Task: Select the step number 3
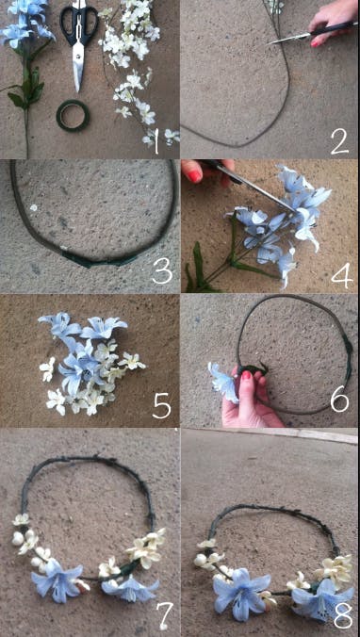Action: click(162, 273)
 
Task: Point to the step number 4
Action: click(341, 274)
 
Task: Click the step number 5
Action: click(162, 406)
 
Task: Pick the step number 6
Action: click(342, 406)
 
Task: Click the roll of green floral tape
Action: click(72, 115)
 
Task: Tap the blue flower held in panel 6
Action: click(223, 381)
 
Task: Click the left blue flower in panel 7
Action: click(58, 580)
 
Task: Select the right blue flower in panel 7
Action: click(130, 589)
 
